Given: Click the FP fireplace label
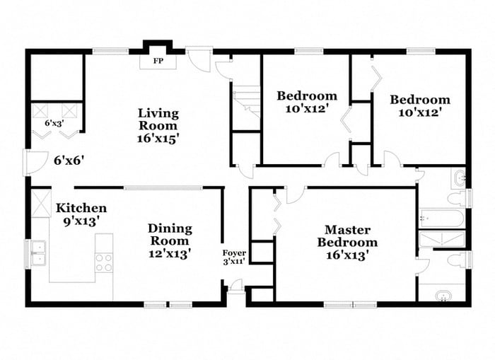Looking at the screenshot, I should (x=158, y=61).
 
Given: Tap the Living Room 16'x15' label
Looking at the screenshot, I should (x=158, y=125).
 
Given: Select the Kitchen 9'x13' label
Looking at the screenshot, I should (x=81, y=214).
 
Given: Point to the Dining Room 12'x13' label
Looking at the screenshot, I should (x=170, y=240).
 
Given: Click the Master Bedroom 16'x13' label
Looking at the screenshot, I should (x=351, y=242).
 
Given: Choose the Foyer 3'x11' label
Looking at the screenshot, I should (x=234, y=257).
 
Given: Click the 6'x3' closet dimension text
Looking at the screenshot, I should (x=54, y=124).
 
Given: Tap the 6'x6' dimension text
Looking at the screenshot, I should (x=69, y=161).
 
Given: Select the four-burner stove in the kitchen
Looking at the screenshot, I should (x=104, y=262).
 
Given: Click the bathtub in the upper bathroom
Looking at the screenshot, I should (x=441, y=217).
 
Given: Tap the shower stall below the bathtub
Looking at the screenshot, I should (x=441, y=238).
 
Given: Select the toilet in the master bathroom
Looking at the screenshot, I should (x=456, y=260).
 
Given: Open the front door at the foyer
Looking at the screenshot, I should (x=235, y=286).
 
